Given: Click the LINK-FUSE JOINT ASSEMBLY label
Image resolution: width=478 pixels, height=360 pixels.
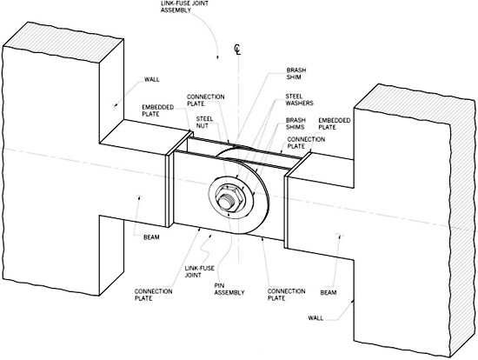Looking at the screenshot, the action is [x=184, y=6].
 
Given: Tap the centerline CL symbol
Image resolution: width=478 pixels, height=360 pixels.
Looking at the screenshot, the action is [x=237, y=50].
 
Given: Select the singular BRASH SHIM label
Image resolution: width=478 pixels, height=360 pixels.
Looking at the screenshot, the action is [x=296, y=74].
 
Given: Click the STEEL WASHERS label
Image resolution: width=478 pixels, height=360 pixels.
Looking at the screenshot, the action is [x=299, y=100].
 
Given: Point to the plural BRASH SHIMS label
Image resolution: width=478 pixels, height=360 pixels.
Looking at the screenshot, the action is [x=295, y=123].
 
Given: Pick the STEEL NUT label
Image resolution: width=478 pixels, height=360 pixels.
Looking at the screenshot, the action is [x=204, y=122].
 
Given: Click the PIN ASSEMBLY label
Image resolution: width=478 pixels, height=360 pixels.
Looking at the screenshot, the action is [x=229, y=290].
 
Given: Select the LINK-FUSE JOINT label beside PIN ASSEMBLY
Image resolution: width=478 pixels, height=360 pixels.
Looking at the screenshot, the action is [x=200, y=271].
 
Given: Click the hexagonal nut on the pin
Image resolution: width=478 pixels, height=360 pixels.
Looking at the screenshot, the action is [x=229, y=197].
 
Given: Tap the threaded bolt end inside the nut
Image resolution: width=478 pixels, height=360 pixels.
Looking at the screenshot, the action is [x=227, y=201].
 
